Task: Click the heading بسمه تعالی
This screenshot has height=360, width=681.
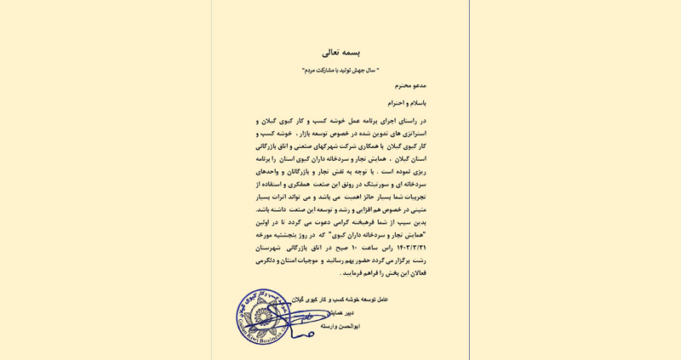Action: [x=340, y=53]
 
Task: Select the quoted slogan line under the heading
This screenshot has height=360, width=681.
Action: [x=340, y=71]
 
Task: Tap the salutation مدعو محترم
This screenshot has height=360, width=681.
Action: [x=410, y=86]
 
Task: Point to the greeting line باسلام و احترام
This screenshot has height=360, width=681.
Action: [x=407, y=103]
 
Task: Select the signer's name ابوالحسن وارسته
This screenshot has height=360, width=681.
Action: [x=340, y=327]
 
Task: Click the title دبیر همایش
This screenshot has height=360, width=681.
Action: [x=340, y=313]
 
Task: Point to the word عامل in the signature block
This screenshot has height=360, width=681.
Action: [x=381, y=300]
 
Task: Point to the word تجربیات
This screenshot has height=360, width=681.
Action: [x=412, y=197]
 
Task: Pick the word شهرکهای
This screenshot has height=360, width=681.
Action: [x=329, y=146]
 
